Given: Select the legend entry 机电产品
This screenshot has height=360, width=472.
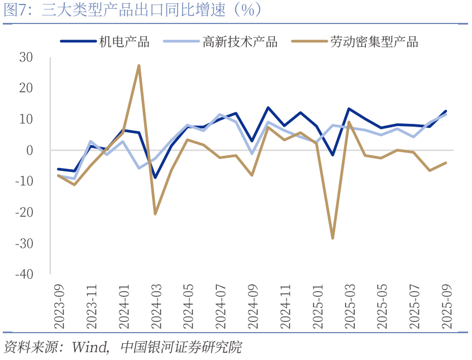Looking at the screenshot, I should point(124,42).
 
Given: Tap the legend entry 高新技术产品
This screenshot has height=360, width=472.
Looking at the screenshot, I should point(240,42).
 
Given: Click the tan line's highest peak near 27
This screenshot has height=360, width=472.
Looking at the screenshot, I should point(139,66).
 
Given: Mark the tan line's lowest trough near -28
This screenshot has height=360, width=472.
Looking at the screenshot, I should point(333,238).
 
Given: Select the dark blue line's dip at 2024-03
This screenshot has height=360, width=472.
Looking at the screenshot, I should point(155,177).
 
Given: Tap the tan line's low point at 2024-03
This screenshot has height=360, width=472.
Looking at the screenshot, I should point(155,214).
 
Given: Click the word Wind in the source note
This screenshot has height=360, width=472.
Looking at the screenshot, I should point(89,347).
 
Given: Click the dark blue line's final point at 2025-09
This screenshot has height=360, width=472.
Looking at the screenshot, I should point(446,111).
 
